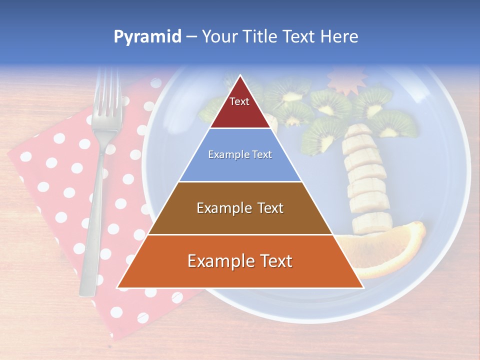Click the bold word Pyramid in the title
click(147, 37)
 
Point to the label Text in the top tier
click(239, 101)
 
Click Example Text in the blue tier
click(240, 154)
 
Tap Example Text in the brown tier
click(240, 208)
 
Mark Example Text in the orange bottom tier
click(240, 261)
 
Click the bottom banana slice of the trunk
click(373, 222)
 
